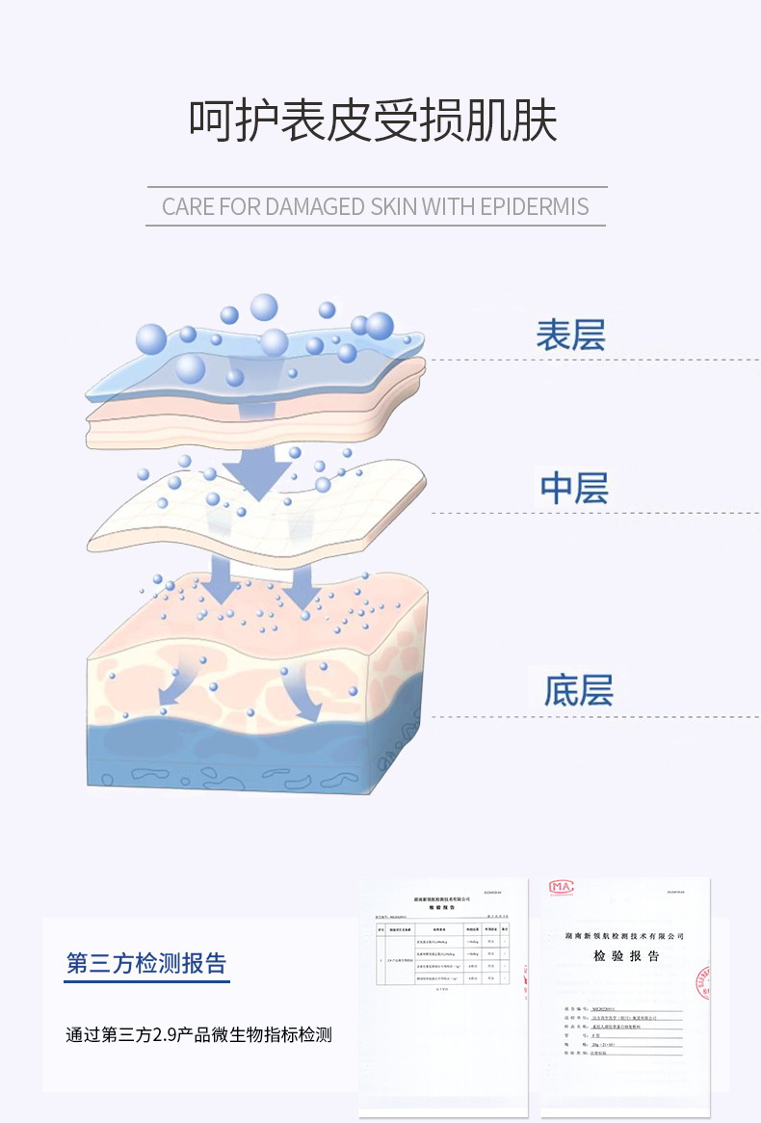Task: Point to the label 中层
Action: pos(574,488)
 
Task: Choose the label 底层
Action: pos(578,690)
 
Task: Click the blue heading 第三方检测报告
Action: pos(146,962)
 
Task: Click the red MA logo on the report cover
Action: pos(561,887)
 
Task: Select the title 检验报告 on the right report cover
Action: pos(626,956)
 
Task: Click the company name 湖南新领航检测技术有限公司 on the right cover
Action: pos(625,936)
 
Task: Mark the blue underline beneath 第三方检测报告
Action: pos(146,981)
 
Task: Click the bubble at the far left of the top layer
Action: pos(151,339)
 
